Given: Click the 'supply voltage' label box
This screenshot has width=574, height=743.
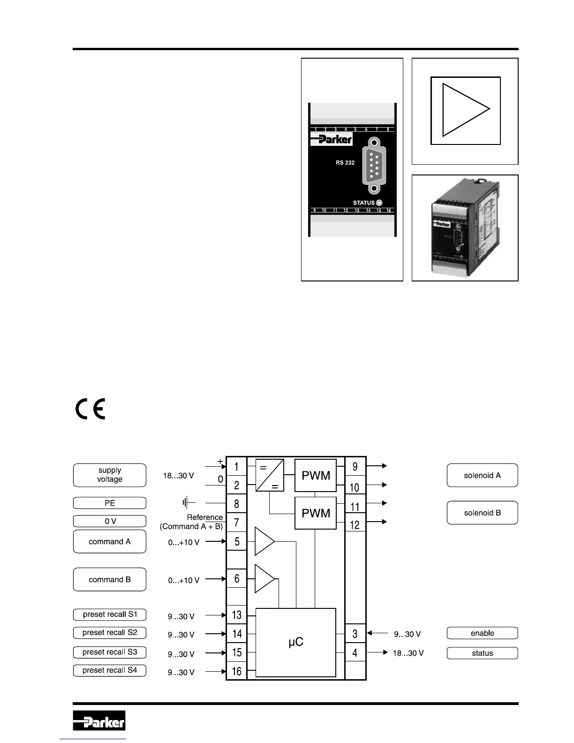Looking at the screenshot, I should coord(109,475).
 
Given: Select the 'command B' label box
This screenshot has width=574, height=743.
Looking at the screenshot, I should coord(109,579).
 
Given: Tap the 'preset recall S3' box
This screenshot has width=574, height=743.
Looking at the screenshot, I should coord(109,652).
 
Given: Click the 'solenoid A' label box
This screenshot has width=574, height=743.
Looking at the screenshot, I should coord(482,475).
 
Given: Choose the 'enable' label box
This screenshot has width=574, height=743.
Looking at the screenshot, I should coord(482,633).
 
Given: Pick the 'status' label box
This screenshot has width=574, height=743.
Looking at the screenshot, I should coord(482,653).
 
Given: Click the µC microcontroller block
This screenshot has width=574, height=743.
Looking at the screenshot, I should coord(295,642).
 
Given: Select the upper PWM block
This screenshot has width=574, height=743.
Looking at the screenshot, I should coord(316,476).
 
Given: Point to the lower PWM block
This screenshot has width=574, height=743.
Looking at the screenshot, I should coord(316,513).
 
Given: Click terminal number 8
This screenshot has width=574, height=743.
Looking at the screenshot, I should coord(236,504).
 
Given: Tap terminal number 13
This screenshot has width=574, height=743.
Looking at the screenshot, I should coord(236,614).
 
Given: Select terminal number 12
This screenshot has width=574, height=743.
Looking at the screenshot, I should coord(355,525).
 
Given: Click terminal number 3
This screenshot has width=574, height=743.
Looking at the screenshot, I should coord(355,634).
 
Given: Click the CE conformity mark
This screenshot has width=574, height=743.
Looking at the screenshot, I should coord(91,409).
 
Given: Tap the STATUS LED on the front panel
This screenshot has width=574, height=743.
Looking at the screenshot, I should coord(379,203).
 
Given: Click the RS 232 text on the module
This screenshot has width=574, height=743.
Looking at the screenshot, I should coord(345,163).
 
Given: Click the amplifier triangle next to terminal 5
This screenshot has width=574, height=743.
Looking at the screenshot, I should coord(264,541).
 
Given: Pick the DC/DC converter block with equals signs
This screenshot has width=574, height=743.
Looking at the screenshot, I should coord(270,475).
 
